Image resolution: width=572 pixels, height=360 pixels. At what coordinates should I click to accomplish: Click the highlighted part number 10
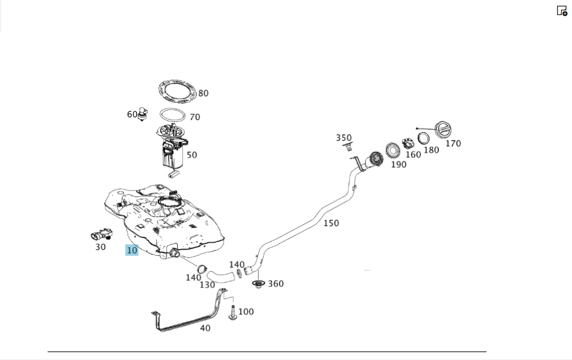point(132,250)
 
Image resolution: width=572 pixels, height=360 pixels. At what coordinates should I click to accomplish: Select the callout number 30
point(100,247)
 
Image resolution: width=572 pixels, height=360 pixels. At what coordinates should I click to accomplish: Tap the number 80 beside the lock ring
point(203,93)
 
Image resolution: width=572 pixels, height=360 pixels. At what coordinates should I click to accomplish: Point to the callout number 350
point(344,138)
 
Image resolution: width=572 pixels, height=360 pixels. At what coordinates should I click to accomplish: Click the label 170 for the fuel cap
point(453,143)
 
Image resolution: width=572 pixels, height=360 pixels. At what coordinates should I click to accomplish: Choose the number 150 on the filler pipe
point(331,223)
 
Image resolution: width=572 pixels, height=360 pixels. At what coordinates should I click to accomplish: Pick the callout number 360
point(276,283)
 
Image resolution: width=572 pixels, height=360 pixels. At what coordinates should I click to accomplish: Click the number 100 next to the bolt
point(246,311)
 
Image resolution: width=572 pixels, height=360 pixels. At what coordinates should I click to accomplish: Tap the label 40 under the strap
point(205,328)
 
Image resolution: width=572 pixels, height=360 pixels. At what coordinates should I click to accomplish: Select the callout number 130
point(207,284)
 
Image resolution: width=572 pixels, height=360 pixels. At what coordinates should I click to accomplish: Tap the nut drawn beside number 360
point(259,284)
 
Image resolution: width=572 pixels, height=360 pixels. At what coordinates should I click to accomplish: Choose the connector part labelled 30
point(101,234)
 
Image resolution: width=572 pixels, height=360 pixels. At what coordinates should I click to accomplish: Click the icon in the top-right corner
point(562,10)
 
